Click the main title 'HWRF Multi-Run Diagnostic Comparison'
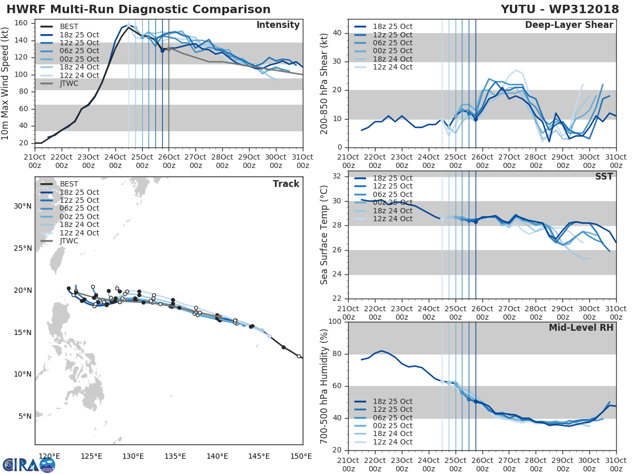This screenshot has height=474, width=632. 138,9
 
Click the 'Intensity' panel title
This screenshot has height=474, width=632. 278,25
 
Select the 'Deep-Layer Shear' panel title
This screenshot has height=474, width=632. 569,25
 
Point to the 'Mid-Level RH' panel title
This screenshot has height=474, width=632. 581,328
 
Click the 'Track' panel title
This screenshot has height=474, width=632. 286,184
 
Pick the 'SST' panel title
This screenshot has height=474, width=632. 604,176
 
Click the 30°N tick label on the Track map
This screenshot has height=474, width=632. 22,206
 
